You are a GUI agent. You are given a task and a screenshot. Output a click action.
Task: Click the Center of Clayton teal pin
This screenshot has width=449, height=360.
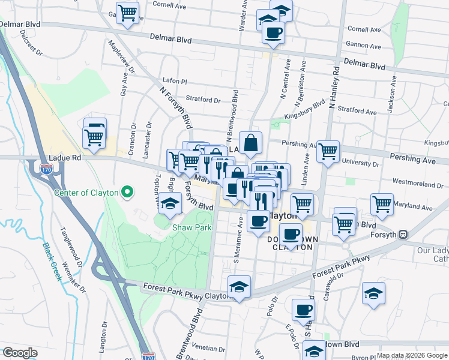tap(127, 193)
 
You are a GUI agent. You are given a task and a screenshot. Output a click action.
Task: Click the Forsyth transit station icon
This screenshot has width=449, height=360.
tap(404, 235)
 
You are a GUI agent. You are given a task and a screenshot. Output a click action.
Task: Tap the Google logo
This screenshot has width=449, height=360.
tap(20, 353)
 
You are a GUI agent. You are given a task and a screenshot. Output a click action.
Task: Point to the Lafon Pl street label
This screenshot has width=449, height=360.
tap(175, 80)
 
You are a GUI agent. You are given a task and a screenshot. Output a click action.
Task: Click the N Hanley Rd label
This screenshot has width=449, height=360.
tap(334, 87)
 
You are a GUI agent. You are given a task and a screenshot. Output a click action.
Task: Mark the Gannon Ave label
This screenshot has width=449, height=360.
tap(364, 46)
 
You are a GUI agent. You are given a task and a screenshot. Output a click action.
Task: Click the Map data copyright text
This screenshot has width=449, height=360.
tap(411, 355)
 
